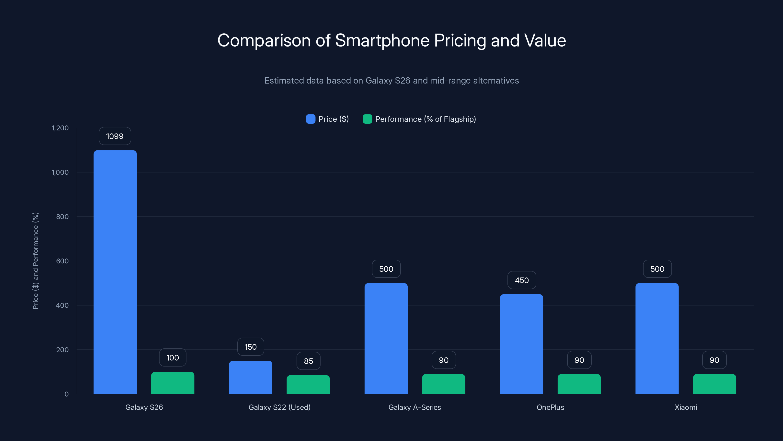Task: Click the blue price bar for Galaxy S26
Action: (115, 272)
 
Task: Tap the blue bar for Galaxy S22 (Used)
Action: (251, 377)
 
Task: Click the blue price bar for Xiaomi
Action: (657, 338)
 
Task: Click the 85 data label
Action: (308, 361)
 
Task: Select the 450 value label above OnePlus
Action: (522, 280)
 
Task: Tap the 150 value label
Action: (251, 347)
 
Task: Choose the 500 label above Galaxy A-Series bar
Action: (386, 269)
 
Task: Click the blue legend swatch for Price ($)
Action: (310, 119)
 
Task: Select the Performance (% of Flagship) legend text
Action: (425, 119)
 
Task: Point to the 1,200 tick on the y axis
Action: (60, 128)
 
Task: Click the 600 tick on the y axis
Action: (62, 261)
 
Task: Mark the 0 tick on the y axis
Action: (67, 394)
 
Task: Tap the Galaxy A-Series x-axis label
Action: (415, 407)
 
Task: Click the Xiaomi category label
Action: (686, 407)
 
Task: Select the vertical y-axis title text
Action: (35, 261)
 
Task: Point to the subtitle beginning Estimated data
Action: (391, 80)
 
